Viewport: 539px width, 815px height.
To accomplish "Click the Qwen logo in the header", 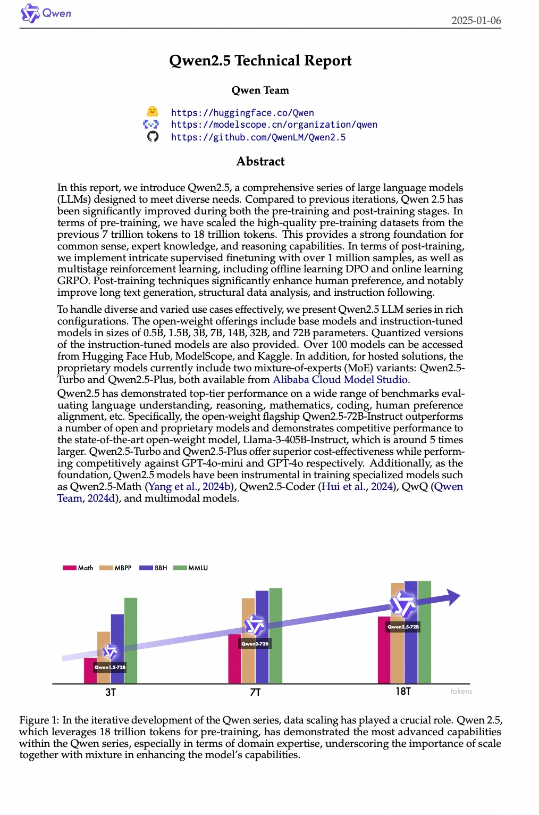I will pyautogui.click(x=45, y=13).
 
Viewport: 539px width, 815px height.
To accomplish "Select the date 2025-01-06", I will pyautogui.click(x=476, y=21).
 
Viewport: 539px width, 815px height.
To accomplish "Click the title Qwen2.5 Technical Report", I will pyautogui.click(x=260, y=61).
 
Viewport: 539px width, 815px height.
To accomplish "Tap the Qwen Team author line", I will pyautogui.click(x=260, y=90).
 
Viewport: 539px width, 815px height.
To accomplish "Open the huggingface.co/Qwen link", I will pyautogui.click(x=242, y=113).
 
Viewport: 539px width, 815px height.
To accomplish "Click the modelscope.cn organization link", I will pyautogui.click(x=274, y=124).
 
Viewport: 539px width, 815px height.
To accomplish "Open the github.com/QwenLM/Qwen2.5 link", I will pyautogui.click(x=258, y=137).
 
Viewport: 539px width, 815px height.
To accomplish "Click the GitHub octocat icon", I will pyautogui.click(x=153, y=137).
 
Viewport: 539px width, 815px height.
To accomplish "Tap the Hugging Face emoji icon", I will pyautogui.click(x=152, y=112).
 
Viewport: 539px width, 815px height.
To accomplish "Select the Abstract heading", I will pyautogui.click(x=260, y=161).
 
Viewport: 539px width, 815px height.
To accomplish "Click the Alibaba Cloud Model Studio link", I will pyautogui.click(x=340, y=380).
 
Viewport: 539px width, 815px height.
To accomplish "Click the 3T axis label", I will pyautogui.click(x=110, y=692).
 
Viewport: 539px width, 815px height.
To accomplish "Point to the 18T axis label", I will pyautogui.click(x=403, y=691).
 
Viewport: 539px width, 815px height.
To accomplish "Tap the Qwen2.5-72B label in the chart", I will pyautogui.click(x=403, y=627).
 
